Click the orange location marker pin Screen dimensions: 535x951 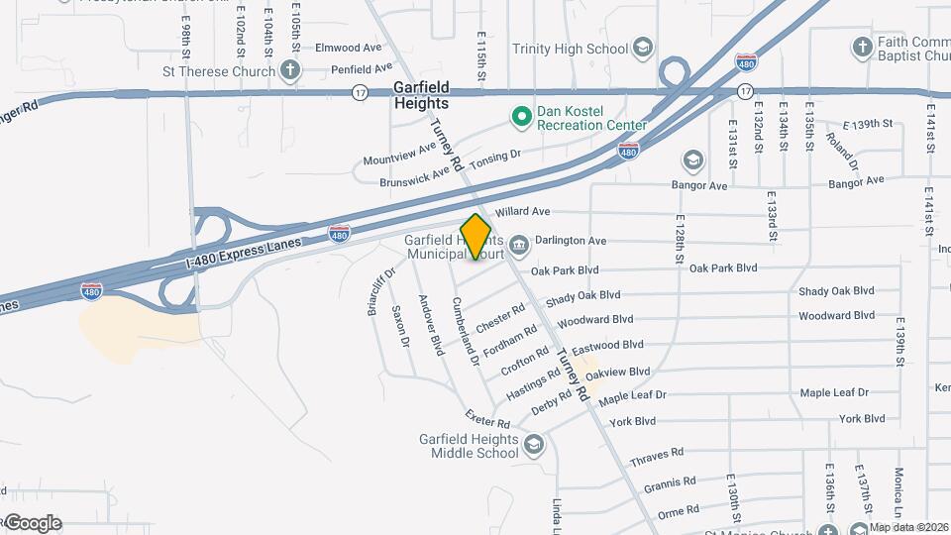[x=475, y=237]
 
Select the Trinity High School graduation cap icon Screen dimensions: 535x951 [x=643, y=49]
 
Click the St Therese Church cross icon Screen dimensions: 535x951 [x=289, y=70]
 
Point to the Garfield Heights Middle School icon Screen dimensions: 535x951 [x=534, y=445]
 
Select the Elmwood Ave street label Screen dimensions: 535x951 [x=348, y=47]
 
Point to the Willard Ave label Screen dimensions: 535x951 [x=522, y=212]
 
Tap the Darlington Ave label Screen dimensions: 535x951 [x=571, y=241]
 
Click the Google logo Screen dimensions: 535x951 [x=33, y=523]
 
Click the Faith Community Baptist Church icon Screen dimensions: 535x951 [x=863, y=48]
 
